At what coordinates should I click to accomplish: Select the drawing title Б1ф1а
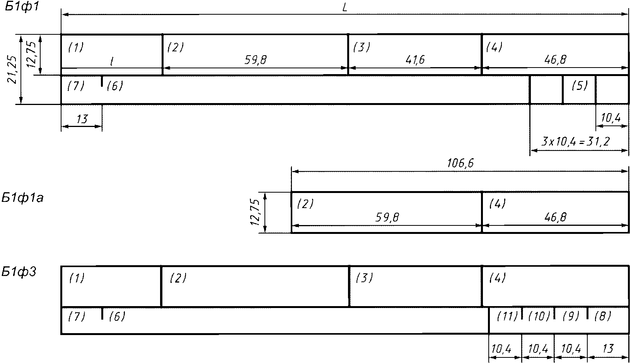tap(22, 198)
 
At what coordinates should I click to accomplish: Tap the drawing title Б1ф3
tap(19, 272)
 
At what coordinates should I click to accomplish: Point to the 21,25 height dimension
tap(12, 69)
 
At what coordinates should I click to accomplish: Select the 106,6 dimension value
tap(460, 164)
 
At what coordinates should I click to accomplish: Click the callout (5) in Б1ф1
tap(579, 86)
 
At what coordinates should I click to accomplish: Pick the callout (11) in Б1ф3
tap(507, 316)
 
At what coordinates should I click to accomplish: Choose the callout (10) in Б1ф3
tap(539, 316)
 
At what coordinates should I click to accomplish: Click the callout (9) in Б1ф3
tap(571, 316)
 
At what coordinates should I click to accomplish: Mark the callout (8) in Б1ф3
tap(602, 316)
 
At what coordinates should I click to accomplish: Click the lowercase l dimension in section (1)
tap(111, 61)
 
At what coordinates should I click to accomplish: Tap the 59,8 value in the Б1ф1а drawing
tap(387, 218)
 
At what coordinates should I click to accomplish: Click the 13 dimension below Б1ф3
tap(608, 349)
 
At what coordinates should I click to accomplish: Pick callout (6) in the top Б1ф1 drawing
tap(114, 86)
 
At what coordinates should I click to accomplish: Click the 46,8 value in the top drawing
tap(555, 60)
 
